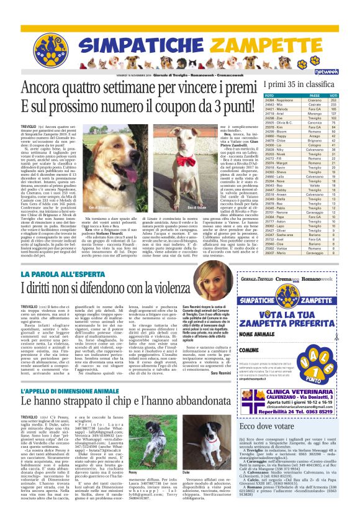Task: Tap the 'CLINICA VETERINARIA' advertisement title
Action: (x=297, y=391)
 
